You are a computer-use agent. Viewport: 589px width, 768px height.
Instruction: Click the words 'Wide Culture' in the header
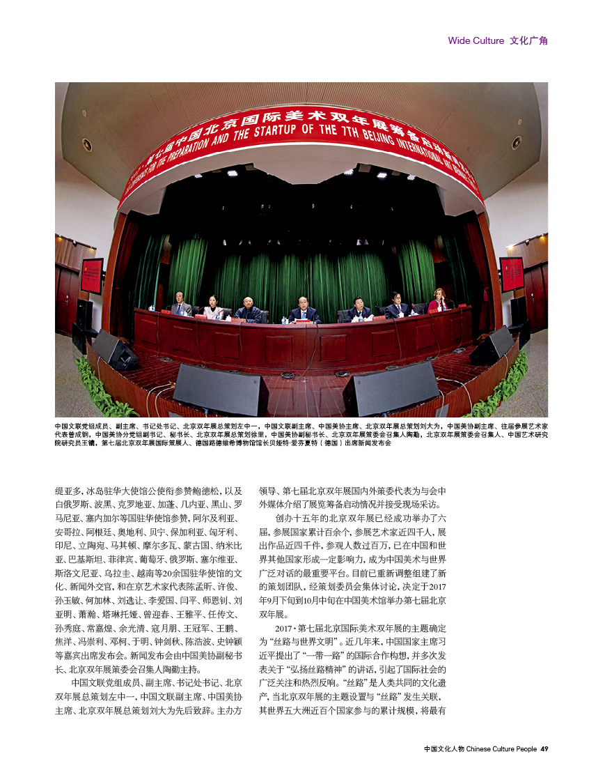[476, 40]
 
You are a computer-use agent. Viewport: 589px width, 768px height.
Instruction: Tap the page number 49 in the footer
[544, 748]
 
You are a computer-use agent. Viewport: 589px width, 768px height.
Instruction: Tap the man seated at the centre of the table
[304, 309]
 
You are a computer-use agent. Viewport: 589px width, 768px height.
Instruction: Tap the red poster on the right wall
[511, 274]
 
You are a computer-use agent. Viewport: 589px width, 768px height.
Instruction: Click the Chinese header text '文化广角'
[528, 40]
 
